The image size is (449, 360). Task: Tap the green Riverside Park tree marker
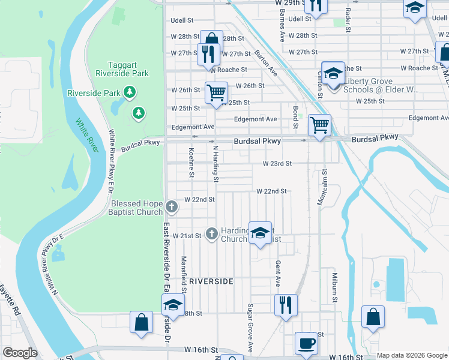[128, 92]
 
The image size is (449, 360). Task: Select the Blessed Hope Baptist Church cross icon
[172, 206]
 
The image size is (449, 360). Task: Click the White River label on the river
[86, 131]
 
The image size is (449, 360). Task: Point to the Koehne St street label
[191, 163]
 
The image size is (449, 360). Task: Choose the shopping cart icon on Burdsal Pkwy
[319, 125]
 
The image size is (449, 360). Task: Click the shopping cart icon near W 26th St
[216, 92]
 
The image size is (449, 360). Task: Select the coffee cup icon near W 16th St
[306, 343]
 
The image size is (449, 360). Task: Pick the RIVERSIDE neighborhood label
[211, 281]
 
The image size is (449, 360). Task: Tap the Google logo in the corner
[20, 353]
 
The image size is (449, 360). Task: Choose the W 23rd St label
[277, 163]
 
